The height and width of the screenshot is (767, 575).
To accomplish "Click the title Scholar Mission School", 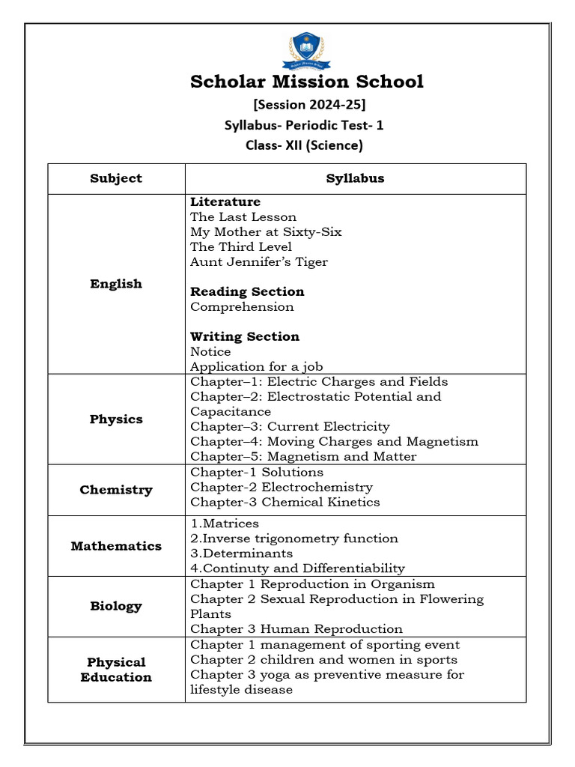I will [x=307, y=82].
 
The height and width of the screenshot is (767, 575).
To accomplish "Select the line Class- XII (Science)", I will [x=304, y=145].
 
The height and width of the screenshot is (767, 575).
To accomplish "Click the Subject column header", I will [x=116, y=178].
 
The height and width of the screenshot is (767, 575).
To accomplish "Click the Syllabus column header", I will [x=355, y=178].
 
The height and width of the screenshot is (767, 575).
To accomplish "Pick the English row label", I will [x=116, y=284].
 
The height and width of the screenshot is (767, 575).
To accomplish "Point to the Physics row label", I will [x=116, y=419].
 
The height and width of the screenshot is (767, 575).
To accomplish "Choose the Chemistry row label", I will [x=116, y=490].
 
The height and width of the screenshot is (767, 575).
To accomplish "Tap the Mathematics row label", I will [x=116, y=546].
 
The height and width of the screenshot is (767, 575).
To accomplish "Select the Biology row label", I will [x=116, y=606].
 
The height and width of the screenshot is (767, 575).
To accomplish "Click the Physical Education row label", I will [x=116, y=670].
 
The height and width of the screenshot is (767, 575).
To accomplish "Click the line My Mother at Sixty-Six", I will [x=266, y=232].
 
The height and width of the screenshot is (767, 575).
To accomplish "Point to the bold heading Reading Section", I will [x=247, y=292].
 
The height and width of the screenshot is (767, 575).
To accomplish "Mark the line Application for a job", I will [x=256, y=367].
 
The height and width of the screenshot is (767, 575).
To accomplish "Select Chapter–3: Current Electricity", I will [x=290, y=427].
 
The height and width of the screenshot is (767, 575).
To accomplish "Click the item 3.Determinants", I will [x=241, y=554].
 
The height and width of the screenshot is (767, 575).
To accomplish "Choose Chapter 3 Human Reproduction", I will [x=296, y=629].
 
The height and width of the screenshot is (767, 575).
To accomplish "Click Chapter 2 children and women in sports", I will [x=323, y=660].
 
